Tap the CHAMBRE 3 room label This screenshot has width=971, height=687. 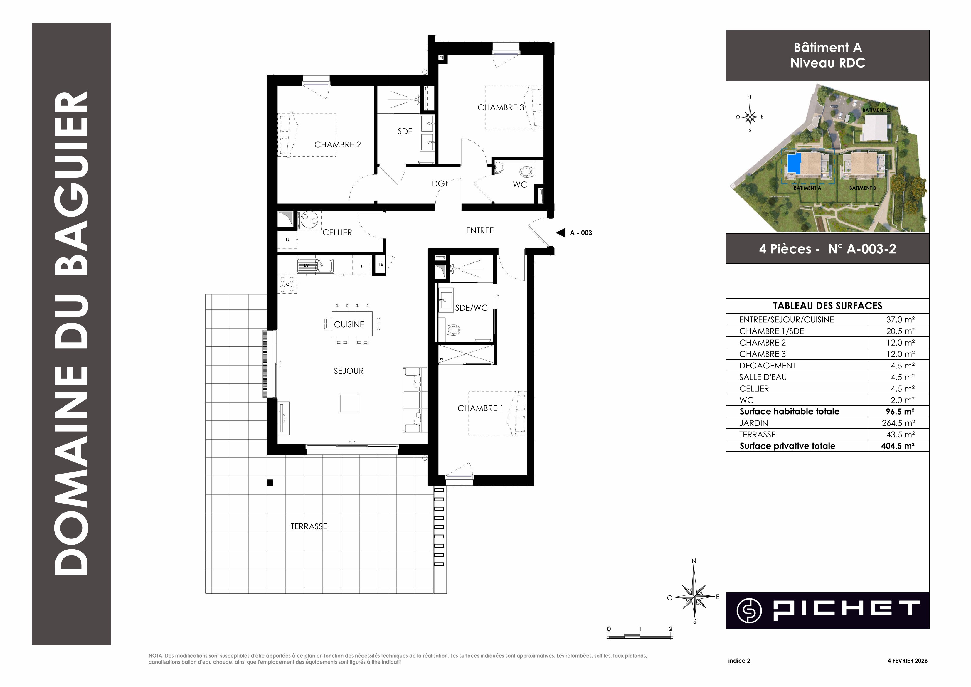[501, 107]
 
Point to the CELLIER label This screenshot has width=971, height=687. [337, 232]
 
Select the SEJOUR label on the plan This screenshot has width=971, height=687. [349, 371]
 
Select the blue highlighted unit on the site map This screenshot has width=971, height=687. [794, 163]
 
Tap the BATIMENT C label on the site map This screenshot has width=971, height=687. [876, 110]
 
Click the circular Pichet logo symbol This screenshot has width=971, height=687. [749, 610]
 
